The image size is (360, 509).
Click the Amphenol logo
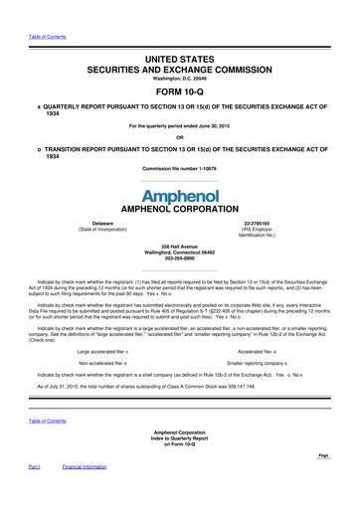179,195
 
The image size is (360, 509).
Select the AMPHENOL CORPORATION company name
179,211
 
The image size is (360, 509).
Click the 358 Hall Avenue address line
179,243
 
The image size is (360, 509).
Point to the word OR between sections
179,137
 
